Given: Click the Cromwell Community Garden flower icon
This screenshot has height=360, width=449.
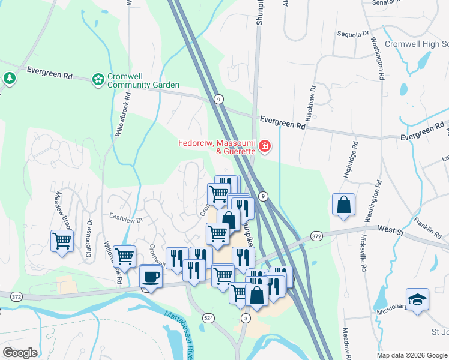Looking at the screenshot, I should click(x=97, y=79).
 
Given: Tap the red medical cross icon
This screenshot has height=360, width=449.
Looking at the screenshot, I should click(x=264, y=146).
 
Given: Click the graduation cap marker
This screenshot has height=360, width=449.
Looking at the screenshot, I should click(x=417, y=299).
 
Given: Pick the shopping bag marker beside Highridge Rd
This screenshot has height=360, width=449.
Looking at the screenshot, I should click(x=343, y=204).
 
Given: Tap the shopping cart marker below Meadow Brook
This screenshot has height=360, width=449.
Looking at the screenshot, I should click(x=62, y=241).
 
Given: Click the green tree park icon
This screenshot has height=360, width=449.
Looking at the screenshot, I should click(x=9, y=78).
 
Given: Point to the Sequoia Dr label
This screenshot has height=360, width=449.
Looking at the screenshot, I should click(x=352, y=34).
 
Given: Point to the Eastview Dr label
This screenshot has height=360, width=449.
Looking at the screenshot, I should click(x=125, y=220).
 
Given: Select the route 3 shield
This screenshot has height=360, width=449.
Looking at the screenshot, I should click(x=244, y=317).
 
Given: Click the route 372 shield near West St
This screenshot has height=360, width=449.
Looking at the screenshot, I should click(x=317, y=237).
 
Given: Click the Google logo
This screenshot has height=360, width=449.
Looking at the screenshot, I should click(x=20, y=352).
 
